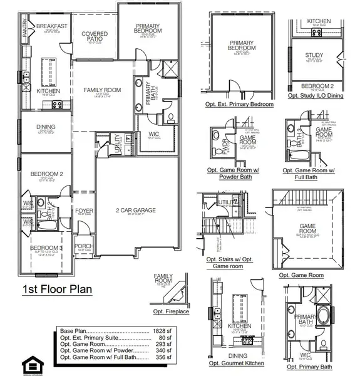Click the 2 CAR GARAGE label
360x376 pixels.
(x=135, y=211)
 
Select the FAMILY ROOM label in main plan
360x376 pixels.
(x=103, y=90)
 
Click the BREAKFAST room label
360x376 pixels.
(x=51, y=26)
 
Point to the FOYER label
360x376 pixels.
(x=85, y=211)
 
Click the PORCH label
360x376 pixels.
(x=83, y=246)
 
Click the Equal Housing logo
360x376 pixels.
(x=29, y=364)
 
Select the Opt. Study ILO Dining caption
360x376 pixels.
(x=318, y=96)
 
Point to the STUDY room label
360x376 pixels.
(x=314, y=55)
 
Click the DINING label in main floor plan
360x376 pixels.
(x=46, y=127)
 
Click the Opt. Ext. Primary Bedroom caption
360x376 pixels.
(x=235, y=105)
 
